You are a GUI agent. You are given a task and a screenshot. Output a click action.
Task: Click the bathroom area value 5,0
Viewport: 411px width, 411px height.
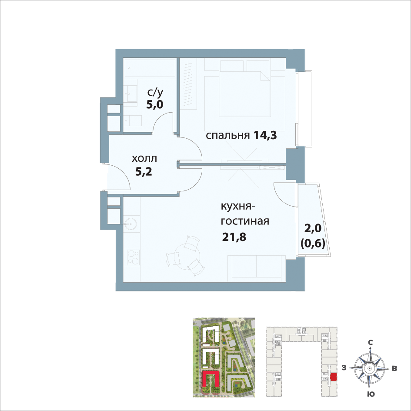tap(155, 104)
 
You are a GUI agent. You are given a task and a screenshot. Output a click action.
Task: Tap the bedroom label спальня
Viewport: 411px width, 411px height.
tap(227, 136)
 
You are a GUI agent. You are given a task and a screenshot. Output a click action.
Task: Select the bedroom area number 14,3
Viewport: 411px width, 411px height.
tap(265, 136)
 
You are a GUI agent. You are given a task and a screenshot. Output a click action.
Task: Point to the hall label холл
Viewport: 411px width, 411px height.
tap(144, 159)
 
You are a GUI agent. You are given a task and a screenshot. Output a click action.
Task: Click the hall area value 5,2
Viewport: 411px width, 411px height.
tap(144, 172)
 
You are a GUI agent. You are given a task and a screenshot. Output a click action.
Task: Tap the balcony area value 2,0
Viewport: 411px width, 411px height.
tap(313, 229)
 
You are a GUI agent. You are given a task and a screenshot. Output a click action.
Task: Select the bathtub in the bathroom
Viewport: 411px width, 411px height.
tap(150, 68)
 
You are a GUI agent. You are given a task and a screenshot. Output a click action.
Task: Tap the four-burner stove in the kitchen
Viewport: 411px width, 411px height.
tap(133, 257)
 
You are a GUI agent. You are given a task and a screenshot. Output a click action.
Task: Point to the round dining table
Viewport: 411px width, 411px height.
tap(187, 256)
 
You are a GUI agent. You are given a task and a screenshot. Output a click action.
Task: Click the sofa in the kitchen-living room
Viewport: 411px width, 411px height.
tap(255, 268)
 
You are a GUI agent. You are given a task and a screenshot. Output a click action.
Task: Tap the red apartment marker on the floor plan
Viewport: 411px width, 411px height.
tap(334, 377)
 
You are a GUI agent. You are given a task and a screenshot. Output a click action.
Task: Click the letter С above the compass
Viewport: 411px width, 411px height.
tap(371, 342)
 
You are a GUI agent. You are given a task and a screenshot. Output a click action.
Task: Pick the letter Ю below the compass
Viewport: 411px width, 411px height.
tap(371, 394)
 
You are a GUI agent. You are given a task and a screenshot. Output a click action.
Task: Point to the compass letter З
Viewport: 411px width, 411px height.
tap(344, 368)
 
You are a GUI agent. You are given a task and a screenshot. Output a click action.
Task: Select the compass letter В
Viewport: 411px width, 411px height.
tap(394, 368)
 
